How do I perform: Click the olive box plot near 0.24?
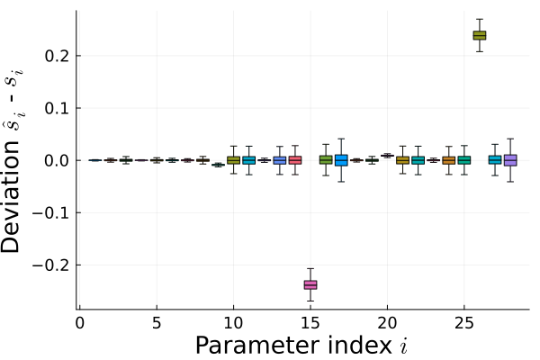(480, 35)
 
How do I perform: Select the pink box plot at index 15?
(310, 285)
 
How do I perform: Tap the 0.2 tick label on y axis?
(58, 56)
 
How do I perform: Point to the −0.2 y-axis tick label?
(52, 265)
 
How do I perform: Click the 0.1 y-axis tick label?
(58, 108)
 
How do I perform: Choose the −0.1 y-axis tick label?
(52, 213)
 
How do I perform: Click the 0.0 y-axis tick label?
(58, 160)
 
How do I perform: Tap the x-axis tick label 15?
(310, 323)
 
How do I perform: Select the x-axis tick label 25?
(464, 323)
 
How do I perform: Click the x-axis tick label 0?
(79, 323)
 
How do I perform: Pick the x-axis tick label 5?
(157, 323)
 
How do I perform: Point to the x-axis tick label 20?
(387, 323)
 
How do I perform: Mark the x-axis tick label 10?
(233, 323)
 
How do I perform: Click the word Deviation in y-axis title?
(11, 197)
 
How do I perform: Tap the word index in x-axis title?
(358, 345)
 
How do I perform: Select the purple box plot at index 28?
(510, 160)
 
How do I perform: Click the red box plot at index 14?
(295, 160)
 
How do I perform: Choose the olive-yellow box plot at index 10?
(233, 160)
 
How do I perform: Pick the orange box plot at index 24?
(449, 160)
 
